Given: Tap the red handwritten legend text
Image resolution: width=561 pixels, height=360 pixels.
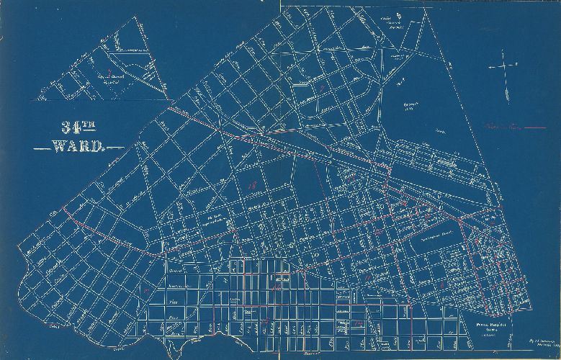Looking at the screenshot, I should click(502, 127).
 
